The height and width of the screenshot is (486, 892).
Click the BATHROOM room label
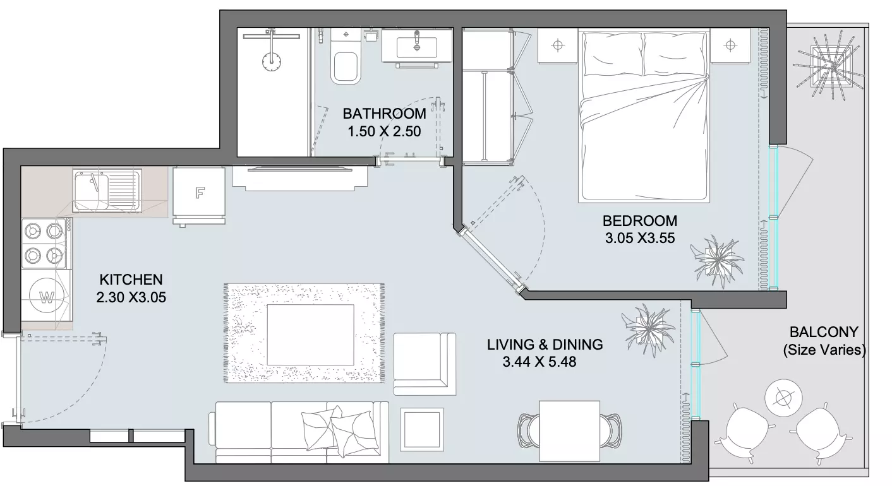click(x=384, y=114)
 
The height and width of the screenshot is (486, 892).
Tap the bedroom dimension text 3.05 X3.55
click(x=640, y=238)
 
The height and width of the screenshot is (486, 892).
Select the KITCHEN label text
click(x=131, y=280)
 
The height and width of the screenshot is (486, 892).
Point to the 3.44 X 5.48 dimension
click(x=539, y=362)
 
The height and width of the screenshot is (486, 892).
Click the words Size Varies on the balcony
click(x=824, y=350)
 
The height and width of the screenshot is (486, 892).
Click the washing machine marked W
click(x=47, y=296)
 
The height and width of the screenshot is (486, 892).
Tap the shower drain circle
click(x=272, y=62)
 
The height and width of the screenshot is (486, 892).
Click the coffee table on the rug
click(x=310, y=335)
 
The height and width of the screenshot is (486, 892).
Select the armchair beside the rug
click(x=425, y=364)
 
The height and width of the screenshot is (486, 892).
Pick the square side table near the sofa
click(x=422, y=429)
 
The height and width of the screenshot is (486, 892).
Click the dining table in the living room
click(x=569, y=431)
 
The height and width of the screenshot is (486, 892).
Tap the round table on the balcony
click(x=784, y=398)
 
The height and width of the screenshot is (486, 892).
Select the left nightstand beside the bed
click(x=557, y=45)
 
